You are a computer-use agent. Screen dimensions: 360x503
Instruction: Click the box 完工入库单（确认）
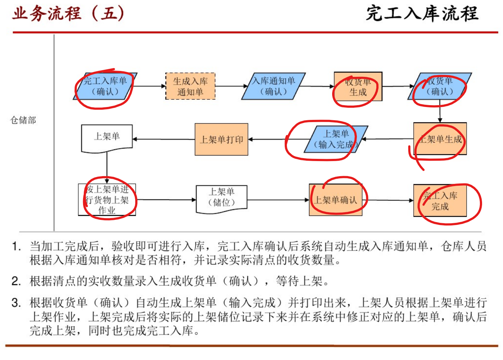105,86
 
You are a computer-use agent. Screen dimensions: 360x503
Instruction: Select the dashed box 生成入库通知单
190,86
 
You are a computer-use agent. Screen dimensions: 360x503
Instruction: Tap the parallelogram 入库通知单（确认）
273,86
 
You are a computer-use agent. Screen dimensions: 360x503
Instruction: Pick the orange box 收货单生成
358,87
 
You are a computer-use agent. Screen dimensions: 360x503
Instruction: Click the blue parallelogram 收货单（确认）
439,86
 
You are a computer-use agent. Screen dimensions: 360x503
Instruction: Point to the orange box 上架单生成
440,139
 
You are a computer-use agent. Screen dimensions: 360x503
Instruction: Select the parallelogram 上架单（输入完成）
336,139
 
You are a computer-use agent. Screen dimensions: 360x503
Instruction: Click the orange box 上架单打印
221,139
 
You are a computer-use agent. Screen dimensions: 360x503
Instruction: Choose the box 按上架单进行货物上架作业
107,200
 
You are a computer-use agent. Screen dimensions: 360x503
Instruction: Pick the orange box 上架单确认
335,200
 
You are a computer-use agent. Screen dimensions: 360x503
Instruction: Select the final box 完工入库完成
440,201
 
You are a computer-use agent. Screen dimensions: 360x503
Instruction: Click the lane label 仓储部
23,120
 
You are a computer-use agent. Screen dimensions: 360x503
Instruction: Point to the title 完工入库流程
422,14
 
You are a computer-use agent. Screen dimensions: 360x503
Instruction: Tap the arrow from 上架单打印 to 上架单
164,139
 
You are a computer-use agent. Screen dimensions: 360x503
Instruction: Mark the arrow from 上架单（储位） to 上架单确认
278,200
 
